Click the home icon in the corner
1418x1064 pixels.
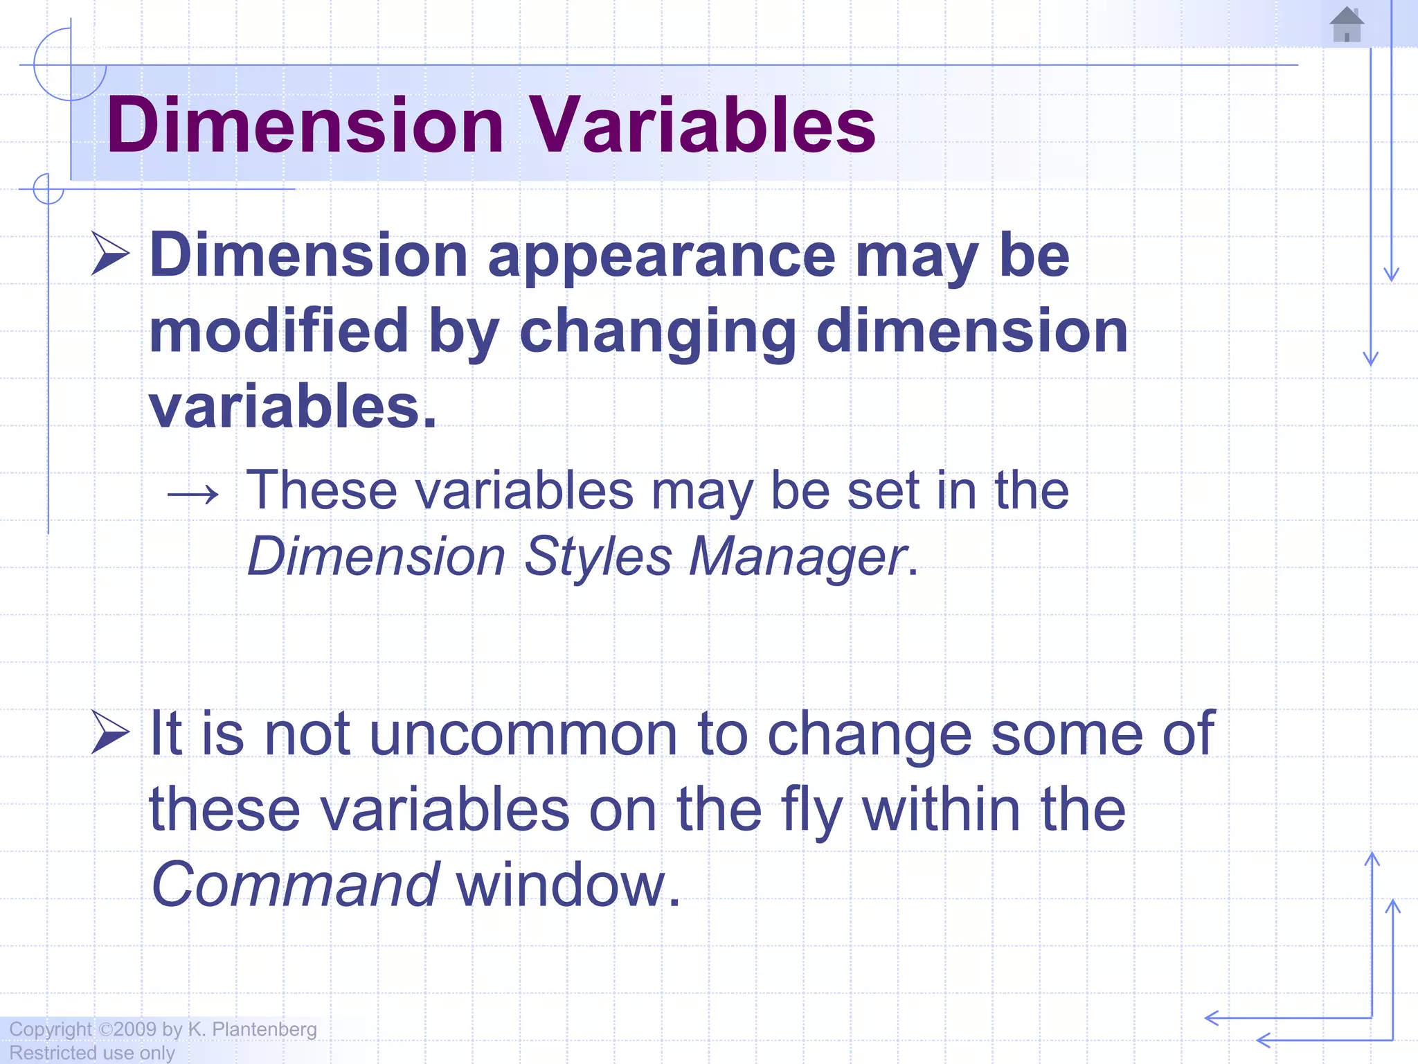[1347, 26]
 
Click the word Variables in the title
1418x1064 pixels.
[702, 125]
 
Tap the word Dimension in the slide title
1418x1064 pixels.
[305, 125]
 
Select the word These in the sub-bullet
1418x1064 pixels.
[322, 490]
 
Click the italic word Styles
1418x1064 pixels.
[598, 557]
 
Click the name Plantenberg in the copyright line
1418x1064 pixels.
[264, 1029]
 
